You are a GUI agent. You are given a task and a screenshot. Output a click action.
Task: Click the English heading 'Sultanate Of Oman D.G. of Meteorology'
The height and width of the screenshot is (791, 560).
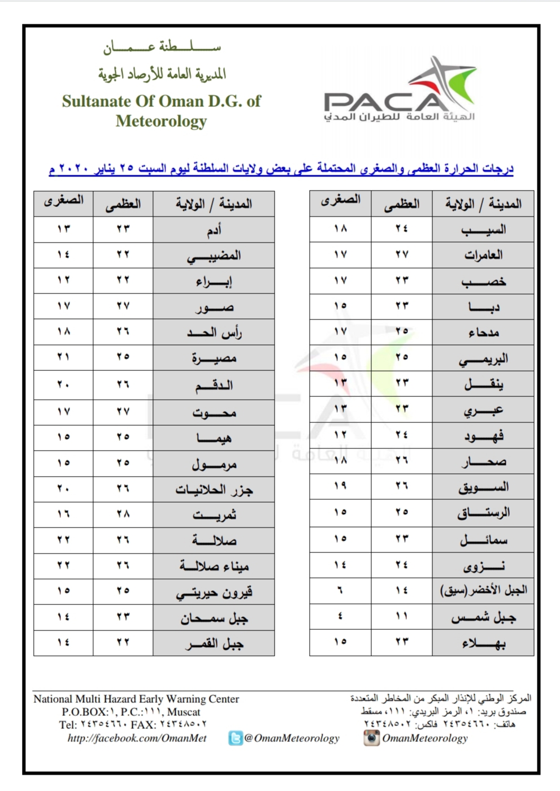pyautogui.click(x=161, y=111)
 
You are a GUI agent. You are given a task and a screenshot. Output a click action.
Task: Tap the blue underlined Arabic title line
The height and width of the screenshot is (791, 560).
pyautogui.click(x=281, y=168)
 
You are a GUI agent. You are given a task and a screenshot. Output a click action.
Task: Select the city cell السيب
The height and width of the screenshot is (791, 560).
pyautogui.click(x=483, y=230)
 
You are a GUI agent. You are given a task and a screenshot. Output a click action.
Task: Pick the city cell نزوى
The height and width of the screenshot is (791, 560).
pyautogui.click(x=483, y=565)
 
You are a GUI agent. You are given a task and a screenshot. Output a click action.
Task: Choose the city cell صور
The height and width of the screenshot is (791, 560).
pyautogui.click(x=214, y=307)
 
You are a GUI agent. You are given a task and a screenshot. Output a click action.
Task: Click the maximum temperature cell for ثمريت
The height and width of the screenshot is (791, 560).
pyautogui.click(x=123, y=514)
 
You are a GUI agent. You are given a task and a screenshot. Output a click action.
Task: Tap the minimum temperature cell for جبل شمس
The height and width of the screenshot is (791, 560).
pyautogui.click(x=340, y=616)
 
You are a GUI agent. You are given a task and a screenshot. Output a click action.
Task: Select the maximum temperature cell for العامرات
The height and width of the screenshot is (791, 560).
pyautogui.click(x=401, y=254)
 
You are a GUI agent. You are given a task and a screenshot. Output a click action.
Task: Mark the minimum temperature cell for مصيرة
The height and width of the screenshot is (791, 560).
pyautogui.click(x=63, y=357)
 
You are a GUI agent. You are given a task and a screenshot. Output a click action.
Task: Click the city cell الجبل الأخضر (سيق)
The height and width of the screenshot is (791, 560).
pyautogui.click(x=483, y=591)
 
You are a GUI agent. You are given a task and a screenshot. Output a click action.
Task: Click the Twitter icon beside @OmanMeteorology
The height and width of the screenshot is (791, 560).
pyautogui.click(x=235, y=738)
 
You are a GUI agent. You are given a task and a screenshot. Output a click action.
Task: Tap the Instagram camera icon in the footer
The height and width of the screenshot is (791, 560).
pyautogui.click(x=371, y=738)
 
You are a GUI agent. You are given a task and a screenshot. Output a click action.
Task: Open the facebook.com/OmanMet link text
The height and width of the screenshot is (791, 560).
pyautogui.click(x=137, y=738)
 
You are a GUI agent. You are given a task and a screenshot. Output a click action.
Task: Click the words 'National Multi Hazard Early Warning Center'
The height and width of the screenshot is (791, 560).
pyautogui.click(x=136, y=699)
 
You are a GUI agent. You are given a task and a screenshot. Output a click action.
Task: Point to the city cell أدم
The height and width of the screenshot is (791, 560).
pyautogui.click(x=214, y=230)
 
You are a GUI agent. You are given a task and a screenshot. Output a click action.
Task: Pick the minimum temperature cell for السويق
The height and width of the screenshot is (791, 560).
pyautogui.click(x=340, y=486)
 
